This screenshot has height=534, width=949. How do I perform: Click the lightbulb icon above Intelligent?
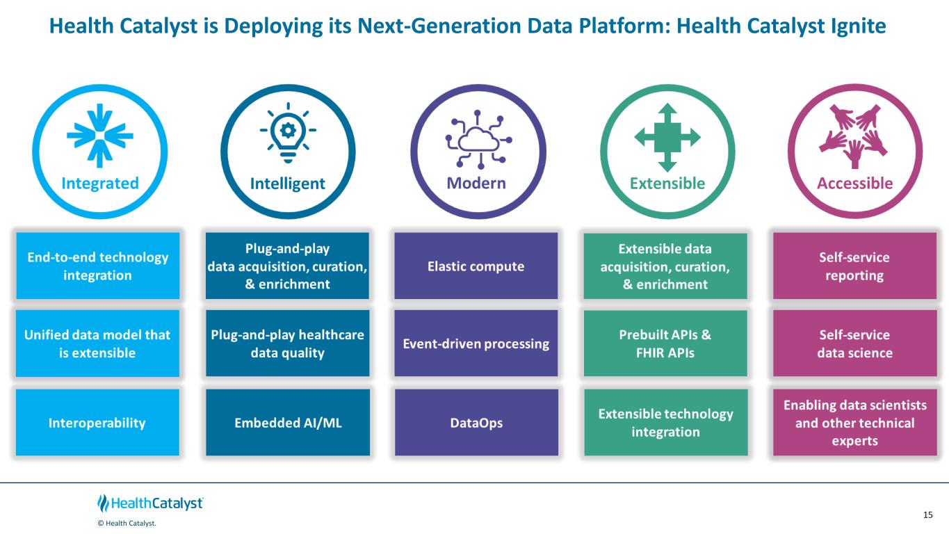287,132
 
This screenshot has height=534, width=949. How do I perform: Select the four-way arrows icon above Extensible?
667,137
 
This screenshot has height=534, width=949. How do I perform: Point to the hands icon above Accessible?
854,135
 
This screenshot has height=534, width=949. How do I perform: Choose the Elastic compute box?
476,266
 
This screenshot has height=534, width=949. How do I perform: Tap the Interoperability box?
97,423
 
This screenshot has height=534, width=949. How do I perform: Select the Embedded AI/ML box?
288,423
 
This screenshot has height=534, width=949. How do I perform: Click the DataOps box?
476,423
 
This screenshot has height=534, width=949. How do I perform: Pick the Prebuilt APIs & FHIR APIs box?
665,343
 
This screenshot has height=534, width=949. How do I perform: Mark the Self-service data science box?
854,343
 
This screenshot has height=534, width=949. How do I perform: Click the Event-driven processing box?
476,343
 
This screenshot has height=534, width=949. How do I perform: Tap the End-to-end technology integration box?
97,266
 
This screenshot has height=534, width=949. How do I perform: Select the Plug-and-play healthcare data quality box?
288,343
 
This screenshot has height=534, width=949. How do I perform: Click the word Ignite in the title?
856,26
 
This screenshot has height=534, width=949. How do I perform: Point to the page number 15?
927,515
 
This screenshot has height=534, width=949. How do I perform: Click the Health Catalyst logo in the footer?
150,503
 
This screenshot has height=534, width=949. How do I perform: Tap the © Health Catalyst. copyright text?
127,524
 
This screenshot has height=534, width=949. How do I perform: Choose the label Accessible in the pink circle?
854,184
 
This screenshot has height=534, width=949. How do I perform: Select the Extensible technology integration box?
665,423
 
